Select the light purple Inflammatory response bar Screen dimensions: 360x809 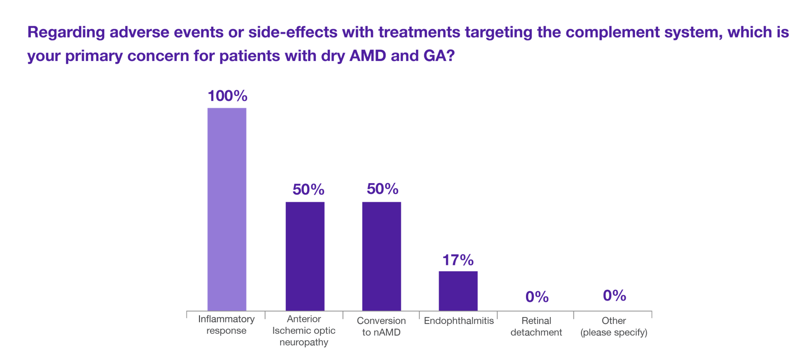[227, 209]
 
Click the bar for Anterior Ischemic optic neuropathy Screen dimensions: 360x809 [305, 256]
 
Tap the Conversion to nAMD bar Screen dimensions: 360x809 [381, 256]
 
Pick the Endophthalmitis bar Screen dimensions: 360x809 [458, 291]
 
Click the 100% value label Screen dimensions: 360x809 [227, 96]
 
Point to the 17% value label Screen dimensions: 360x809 [458, 260]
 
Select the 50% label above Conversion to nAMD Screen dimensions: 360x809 [382, 189]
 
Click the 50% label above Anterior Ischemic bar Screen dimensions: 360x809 [308, 190]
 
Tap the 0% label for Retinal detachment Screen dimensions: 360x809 [537, 297]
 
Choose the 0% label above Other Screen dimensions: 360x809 [614, 295]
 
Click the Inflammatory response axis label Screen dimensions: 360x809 [226, 325]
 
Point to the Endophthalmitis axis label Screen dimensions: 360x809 [459, 321]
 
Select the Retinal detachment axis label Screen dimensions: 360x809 [536, 326]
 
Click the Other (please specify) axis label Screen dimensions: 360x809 [614, 326]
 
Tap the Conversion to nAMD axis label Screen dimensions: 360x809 [381, 326]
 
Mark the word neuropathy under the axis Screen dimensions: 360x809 [304, 342]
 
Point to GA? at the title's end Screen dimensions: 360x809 [439, 56]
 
